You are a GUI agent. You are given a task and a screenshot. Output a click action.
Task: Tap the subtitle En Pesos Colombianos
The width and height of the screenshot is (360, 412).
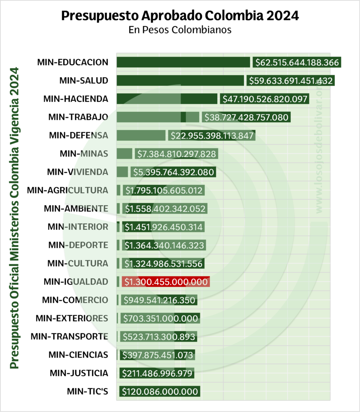(x=180, y=30)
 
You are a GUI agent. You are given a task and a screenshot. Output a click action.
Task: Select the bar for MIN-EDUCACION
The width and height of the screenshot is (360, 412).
(x=183, y=62)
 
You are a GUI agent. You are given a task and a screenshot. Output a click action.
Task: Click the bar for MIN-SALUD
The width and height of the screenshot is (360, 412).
(x=180, y=80)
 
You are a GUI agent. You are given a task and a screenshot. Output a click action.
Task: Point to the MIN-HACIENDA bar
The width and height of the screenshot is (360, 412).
(x=167, y=99)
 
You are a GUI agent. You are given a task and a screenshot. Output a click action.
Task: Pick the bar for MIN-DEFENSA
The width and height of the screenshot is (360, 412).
(x=141, y=135)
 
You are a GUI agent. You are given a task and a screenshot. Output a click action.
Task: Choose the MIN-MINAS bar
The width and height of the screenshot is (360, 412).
(x=124, y=153)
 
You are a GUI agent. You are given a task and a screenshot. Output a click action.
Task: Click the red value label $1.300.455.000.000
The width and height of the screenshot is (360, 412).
(x=165, y=282)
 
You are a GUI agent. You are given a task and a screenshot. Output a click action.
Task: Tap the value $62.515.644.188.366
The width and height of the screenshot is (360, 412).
(x=297, y=62)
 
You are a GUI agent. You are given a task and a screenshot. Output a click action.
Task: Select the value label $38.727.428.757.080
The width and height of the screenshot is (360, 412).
(x=246, y=117)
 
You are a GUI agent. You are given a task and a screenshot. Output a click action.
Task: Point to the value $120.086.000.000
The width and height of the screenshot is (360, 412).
(x=160, y=391)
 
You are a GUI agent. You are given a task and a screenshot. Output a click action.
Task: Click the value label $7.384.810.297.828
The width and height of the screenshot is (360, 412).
(x=176, y=154)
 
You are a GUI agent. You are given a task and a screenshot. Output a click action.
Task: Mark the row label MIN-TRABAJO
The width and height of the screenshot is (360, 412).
(x=78, y=117)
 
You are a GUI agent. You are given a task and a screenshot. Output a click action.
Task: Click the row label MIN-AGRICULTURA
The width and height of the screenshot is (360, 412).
(x=68, y=190)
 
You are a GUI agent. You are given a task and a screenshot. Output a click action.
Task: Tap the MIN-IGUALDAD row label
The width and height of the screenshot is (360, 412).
(x=76, y=282)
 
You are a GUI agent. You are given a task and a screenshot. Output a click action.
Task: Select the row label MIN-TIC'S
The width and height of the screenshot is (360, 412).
(x=87, y=391)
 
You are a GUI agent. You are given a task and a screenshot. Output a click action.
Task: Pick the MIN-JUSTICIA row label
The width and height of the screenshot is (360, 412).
(x=79, y=373)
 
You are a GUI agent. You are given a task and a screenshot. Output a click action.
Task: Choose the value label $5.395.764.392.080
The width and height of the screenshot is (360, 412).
(x=173, y=172)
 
